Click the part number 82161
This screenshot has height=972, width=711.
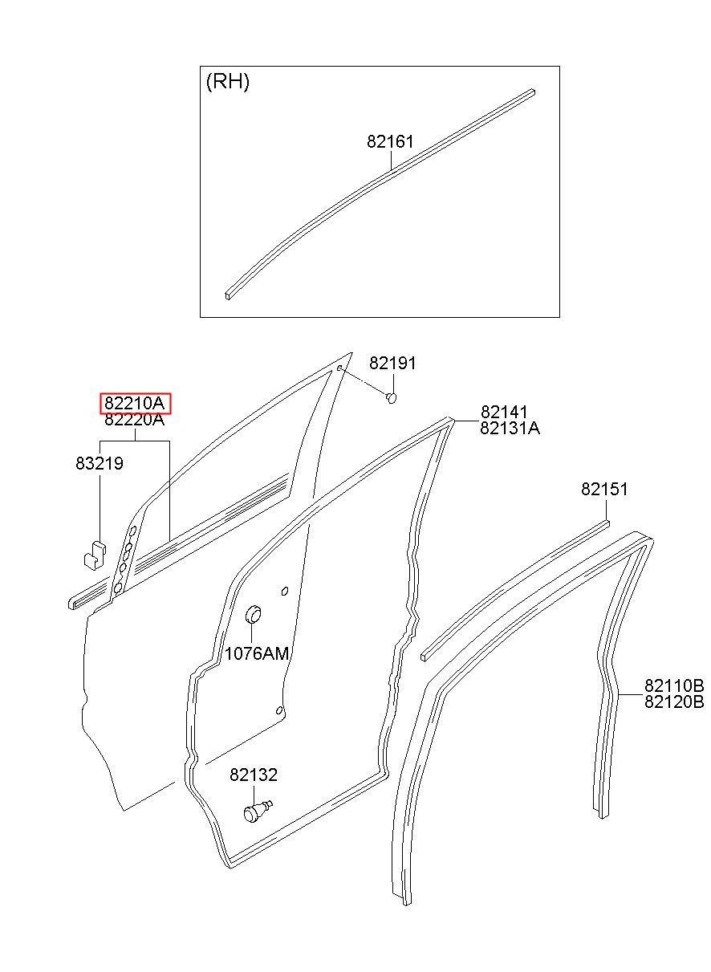tap(390, 141)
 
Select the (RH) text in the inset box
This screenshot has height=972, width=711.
tap(228, 81)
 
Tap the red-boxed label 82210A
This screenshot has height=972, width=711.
tap(135, 404)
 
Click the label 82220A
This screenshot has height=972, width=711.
tap(135, 420)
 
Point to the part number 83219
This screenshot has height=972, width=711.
tap(100, 463)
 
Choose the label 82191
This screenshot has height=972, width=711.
tap(392, 364)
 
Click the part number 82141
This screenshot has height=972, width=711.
tap(504, 412)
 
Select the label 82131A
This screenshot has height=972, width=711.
tap(510, 429)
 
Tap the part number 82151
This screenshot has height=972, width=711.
tap(604, 490)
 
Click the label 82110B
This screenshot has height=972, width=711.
tap(674, 686)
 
